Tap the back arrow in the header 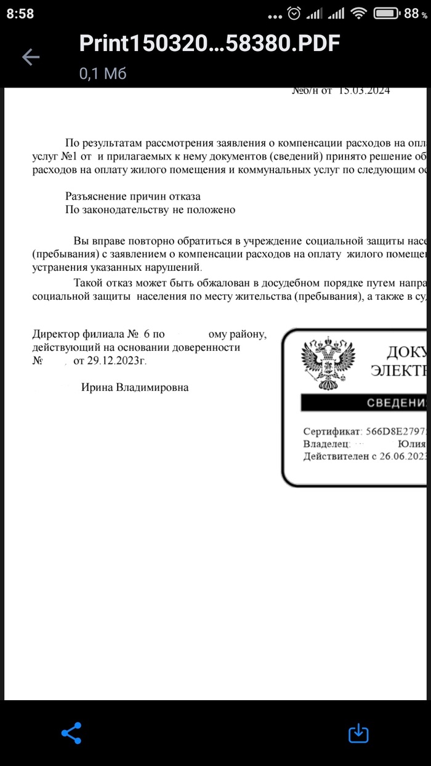coord(30,57)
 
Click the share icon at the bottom coord(71,733)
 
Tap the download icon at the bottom coord(358,733)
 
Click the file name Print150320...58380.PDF coord(209,43)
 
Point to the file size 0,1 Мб coord(102,74)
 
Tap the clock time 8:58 coord(20,14)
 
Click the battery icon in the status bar coord(386,13)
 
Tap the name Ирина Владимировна coord(135,387)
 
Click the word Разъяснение coord(100,196)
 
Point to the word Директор coord(55,335)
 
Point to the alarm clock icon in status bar coord(295,13)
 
